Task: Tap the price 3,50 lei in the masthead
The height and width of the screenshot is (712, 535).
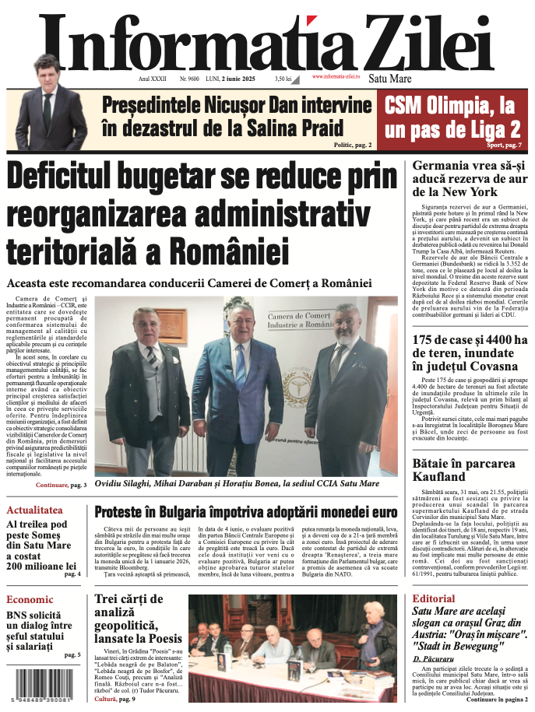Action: click(283, 79)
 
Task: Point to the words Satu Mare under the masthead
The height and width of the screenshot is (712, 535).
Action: click(389, 79)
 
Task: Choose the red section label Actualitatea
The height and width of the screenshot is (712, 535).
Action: click(34, 510)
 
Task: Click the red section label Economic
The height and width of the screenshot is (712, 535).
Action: click(30, 599)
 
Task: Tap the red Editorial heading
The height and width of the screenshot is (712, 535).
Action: click(434, 598)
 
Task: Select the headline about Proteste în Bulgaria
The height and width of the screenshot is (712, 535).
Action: click(246, 513)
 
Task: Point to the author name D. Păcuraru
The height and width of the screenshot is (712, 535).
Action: click(432, 659)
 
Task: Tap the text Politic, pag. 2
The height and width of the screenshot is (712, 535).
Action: click(353, 146)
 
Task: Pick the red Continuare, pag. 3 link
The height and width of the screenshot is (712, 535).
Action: click(61, 485)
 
